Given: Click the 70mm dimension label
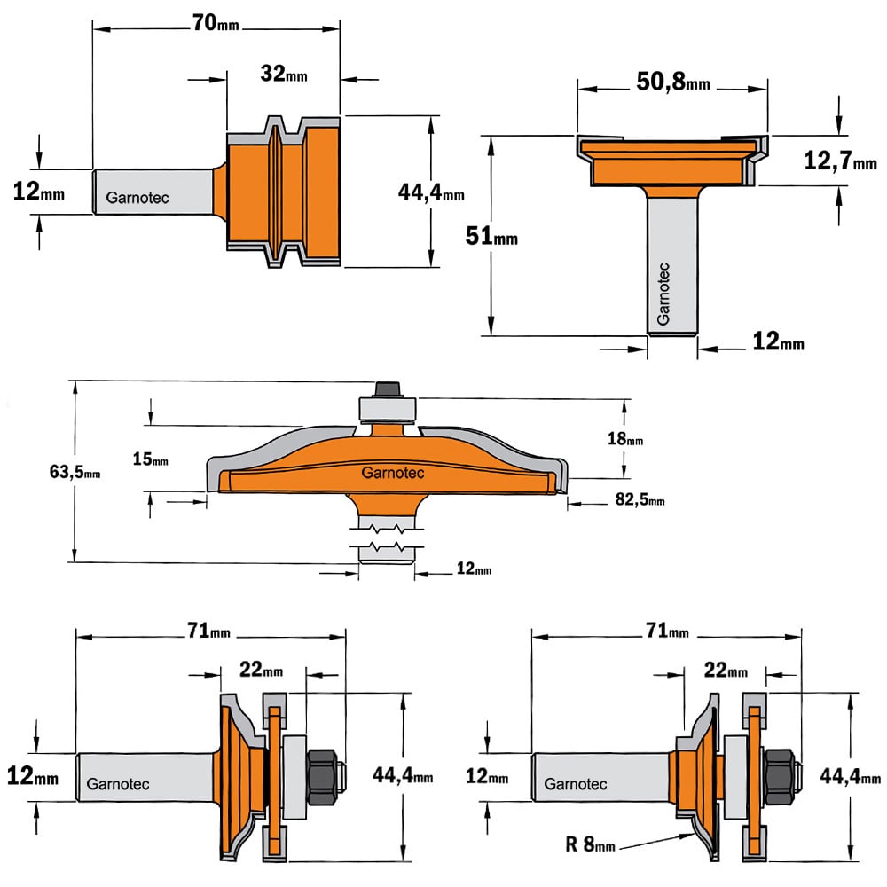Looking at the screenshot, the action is point(216,23).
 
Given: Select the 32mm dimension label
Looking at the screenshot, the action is point(284,74).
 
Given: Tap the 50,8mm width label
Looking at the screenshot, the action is point(672,82).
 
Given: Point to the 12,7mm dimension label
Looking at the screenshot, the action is point(840,161).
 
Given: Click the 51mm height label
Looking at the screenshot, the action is point(491,236).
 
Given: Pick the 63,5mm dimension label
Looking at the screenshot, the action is point(75,471).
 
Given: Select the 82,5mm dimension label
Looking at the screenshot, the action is point(640,499).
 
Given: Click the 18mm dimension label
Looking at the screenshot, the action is point(625,438).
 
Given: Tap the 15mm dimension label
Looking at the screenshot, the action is point(150,459).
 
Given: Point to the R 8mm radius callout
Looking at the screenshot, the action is point(590,845).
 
